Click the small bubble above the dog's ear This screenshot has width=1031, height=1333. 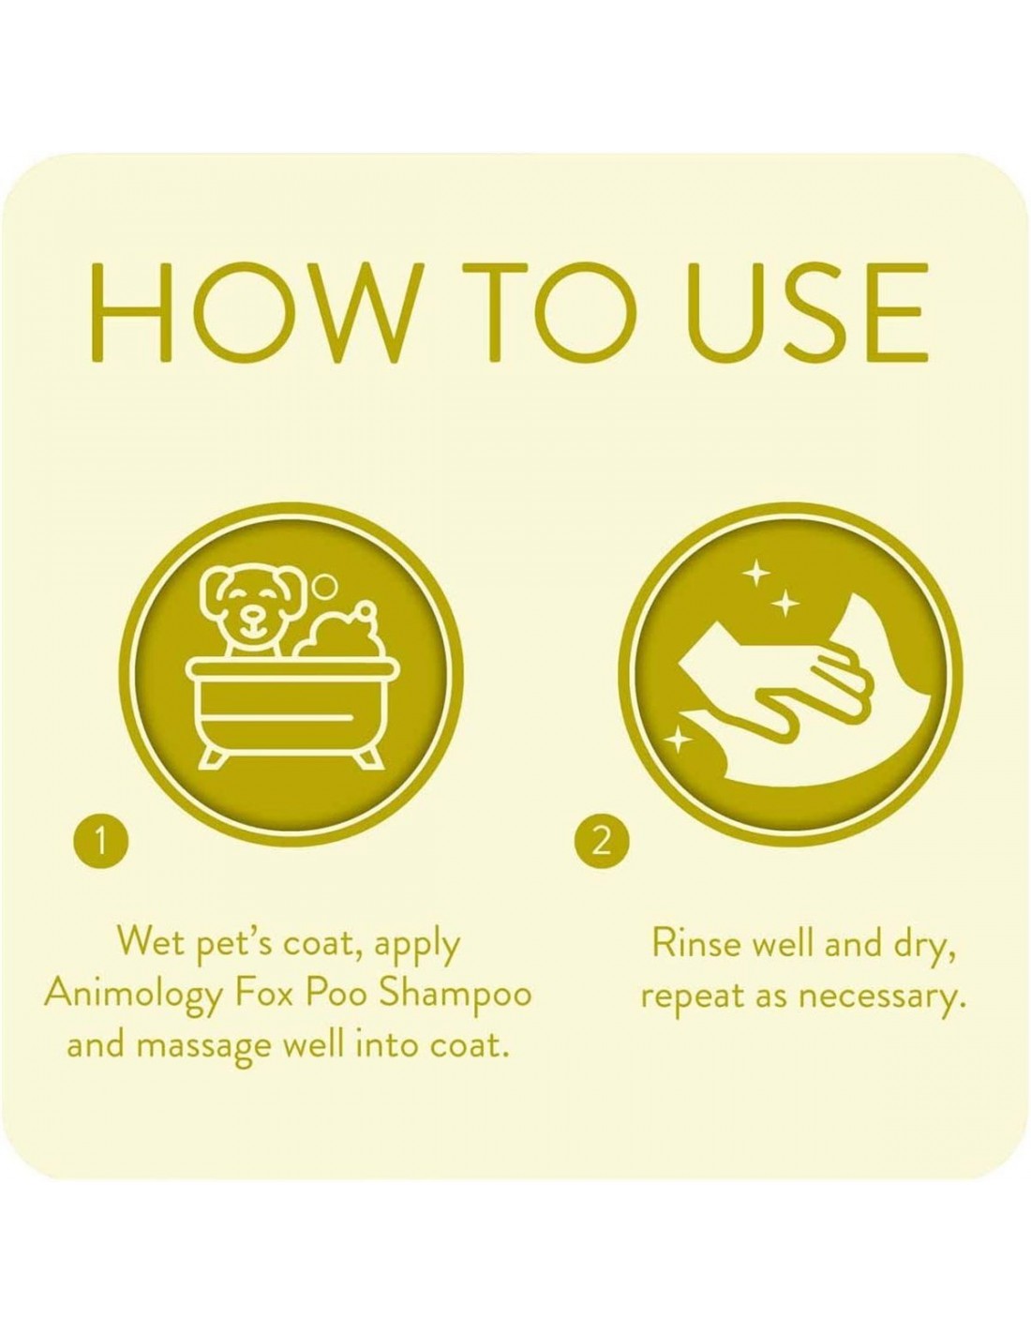(x=325, y=587)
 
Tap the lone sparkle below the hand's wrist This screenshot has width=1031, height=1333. (x=678, y=742)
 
